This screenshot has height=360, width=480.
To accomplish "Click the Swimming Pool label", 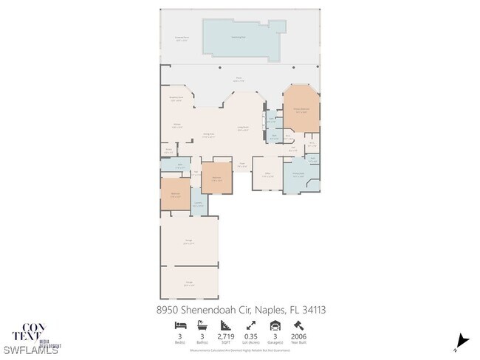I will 239,36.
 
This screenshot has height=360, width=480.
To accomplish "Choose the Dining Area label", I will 209,135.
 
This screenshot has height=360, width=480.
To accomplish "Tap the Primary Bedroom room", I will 301,110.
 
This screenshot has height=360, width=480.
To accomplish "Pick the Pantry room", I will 169,150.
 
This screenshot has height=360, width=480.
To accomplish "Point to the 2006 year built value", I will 299,336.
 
